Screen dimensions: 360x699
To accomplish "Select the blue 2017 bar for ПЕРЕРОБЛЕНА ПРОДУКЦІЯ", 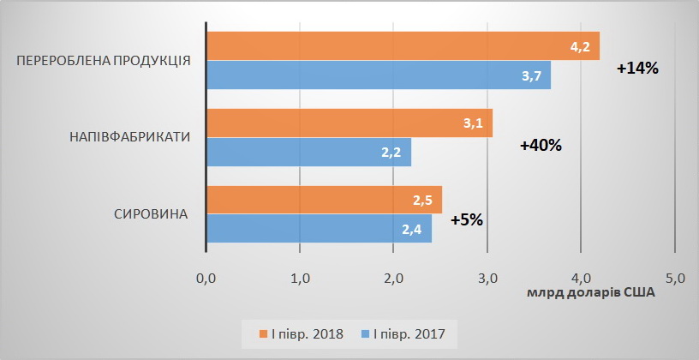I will click(x=377, y=75).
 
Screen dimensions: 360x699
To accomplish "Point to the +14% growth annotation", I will click(x=636, y=69).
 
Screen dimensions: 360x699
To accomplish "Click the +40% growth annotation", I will click(x=541, y=145).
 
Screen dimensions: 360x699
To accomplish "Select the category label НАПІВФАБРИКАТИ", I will click(x=128, y=137).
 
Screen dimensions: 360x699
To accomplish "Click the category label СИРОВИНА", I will click(x=151, y=213).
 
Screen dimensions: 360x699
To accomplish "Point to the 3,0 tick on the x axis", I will click(x=487, y=279).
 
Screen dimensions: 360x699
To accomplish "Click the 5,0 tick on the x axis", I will click(x=675, y=279).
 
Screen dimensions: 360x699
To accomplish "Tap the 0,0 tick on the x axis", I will click(x=206, y=279).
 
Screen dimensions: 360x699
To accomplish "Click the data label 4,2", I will click(x=580, y=46).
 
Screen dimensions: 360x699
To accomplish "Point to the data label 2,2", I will click(x=391, y=153).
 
